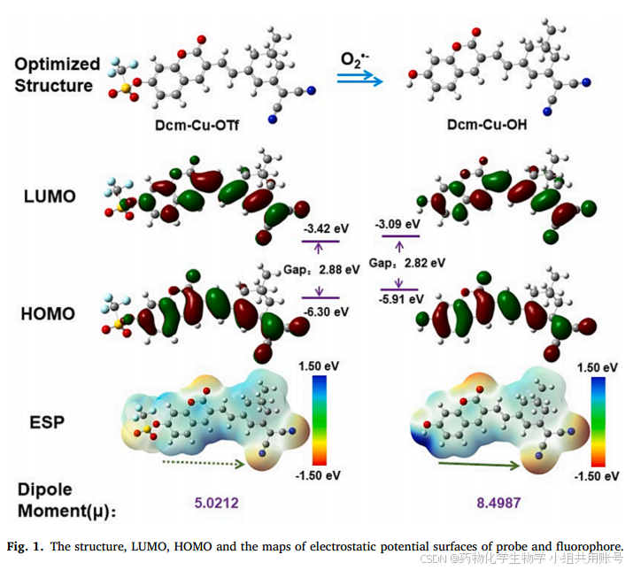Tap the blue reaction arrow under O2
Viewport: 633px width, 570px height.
[x=362, y=81]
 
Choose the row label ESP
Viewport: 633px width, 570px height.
[x=46, y=421]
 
